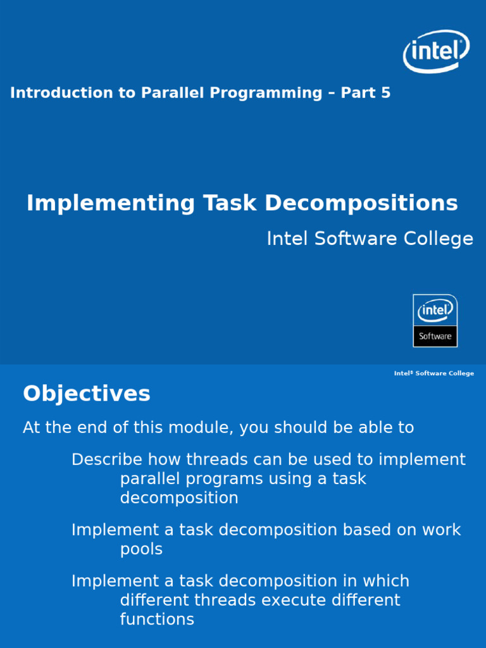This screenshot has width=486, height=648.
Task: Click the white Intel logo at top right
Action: [436, 51]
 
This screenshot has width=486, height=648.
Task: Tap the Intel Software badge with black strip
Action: [435, 320]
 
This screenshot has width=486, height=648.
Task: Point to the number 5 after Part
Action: [385, 93]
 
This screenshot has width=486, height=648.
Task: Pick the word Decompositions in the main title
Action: [361, 203]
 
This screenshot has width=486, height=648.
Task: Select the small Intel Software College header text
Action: [433, 373]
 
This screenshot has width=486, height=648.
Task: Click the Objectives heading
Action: [87, 394]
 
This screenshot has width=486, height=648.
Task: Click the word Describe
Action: [107, 459]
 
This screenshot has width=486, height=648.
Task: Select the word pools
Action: [141, 549]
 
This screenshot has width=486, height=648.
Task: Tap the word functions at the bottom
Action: [157, 619]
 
